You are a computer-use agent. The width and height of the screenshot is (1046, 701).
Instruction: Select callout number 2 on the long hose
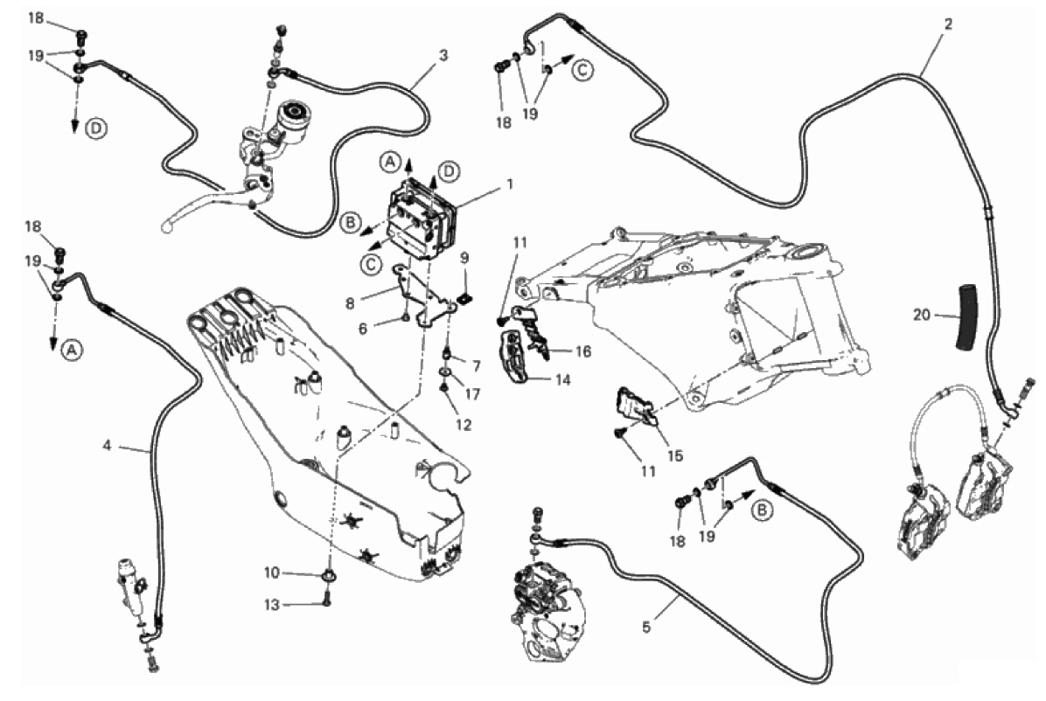(x=947, y=24)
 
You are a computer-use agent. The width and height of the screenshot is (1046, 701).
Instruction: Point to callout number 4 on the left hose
(x=107, y=445)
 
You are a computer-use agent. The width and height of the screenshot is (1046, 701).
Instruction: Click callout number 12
(x=464, y=426)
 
